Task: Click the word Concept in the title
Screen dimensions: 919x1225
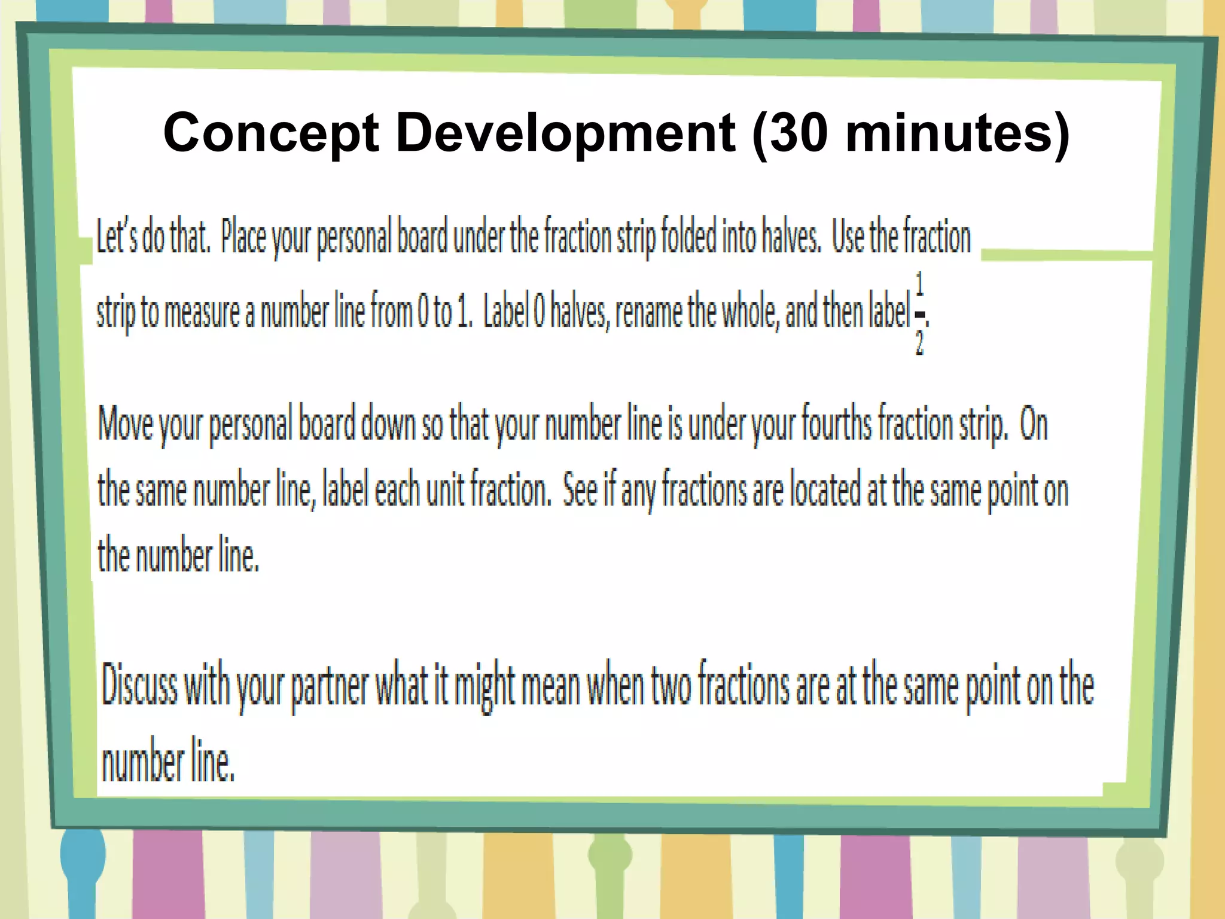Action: coord(271,133)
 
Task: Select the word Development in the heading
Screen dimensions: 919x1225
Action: coord(565,133)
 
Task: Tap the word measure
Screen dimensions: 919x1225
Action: coord(201,312)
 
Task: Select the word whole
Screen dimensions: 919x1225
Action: coord(746,312)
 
